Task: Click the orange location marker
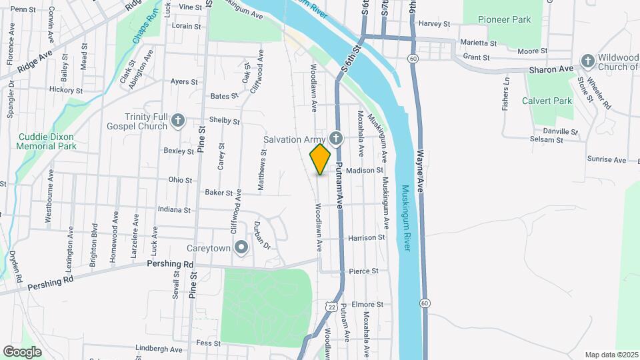pyautogui.click(x=321, y=159)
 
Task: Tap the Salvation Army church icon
pyautogui.click(x=336, y=138)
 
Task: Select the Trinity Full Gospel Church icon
pyautogui.click(x=177, y=120)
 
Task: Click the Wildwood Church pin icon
pyautogui.click(x=587, y=61)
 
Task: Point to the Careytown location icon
pyautogui.click(x=241, y=249)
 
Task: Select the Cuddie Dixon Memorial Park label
pyautogui.click(x=47, y=141)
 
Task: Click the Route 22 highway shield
pyautogui.click(x=331, y=305)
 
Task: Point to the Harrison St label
pyautogui.click(x=367, y=237)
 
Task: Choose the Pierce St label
pyautogui.click(x=364, y=271)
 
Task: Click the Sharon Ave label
pyautogui.click(x=551, y=69)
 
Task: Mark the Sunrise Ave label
pyautogui.click(x=607, y=160)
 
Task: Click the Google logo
pyautogui.click(x=22, y=351)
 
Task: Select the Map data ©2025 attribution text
pyautogui.click(x=611, y=355)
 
